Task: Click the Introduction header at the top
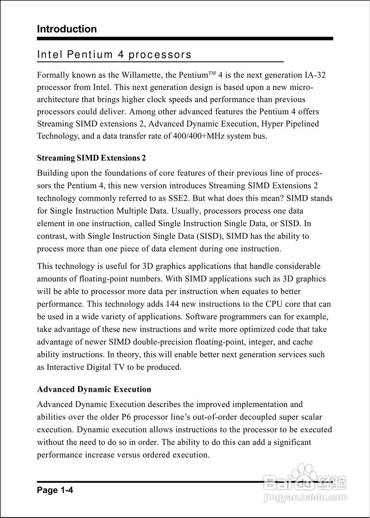pyautogui.click(x=67, y=29)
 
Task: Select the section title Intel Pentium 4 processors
pyautogui.click(x=114, y=55)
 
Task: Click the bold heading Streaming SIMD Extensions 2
pyautogui.click(x=91, y=158)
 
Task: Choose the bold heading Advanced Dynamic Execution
pyautogui.click(x=94, y=389)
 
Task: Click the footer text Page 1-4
pyautogui.click(x=55, y=490)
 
